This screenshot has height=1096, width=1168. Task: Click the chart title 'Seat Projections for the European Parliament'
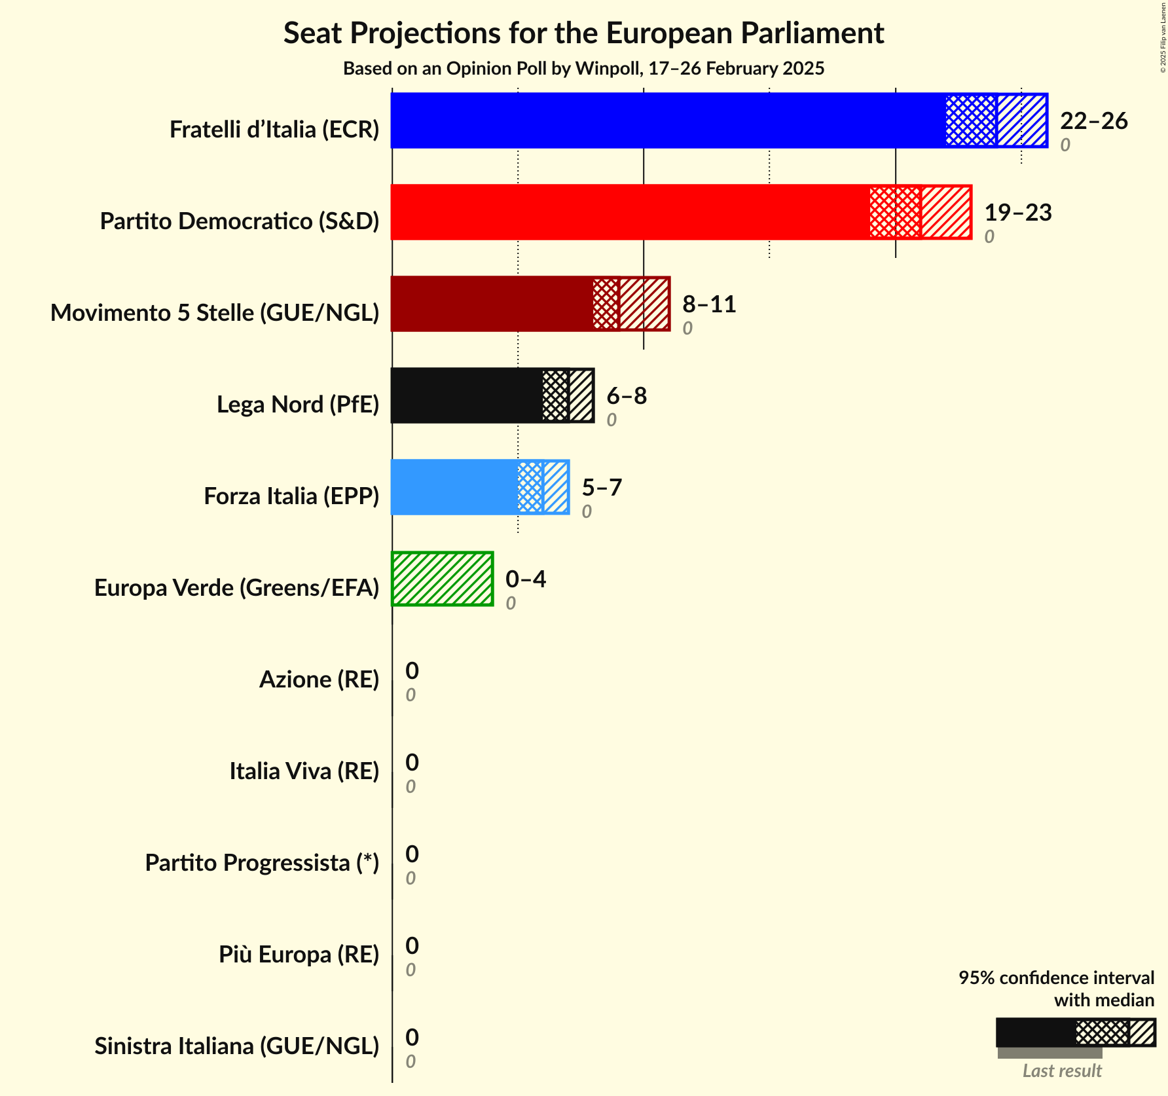[583, 33]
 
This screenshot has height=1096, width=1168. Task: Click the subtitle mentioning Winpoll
[583, 69]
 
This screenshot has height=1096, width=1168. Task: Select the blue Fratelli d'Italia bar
[668, 120]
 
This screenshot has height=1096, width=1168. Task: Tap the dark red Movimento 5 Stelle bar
[492, 304]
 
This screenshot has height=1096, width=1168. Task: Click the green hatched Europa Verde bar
[443, 579]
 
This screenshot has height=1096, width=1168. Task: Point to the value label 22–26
[1093, 121]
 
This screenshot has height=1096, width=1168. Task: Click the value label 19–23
[1017, 213]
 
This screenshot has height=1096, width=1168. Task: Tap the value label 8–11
[709, 304]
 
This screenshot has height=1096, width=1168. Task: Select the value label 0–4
[526, 579]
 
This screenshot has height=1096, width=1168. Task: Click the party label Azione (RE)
[319, 680]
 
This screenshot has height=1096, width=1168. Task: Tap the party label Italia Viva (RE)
[304, 771]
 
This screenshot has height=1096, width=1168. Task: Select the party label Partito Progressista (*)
[262, 863]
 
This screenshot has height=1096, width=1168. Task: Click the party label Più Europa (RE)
[299, 955]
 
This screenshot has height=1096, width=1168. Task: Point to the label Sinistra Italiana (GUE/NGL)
[236, 1046]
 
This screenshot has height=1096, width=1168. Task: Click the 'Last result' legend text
[1062, 1071]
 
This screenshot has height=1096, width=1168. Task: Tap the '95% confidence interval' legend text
[1056, 978]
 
